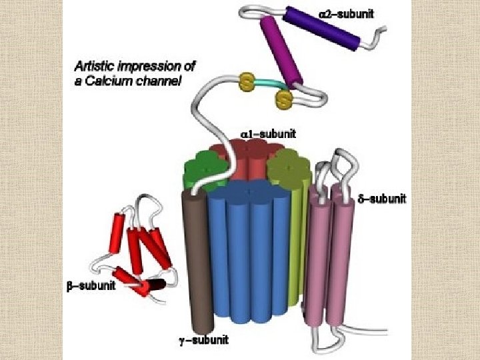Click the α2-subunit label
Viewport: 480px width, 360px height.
tap(354, 13)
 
